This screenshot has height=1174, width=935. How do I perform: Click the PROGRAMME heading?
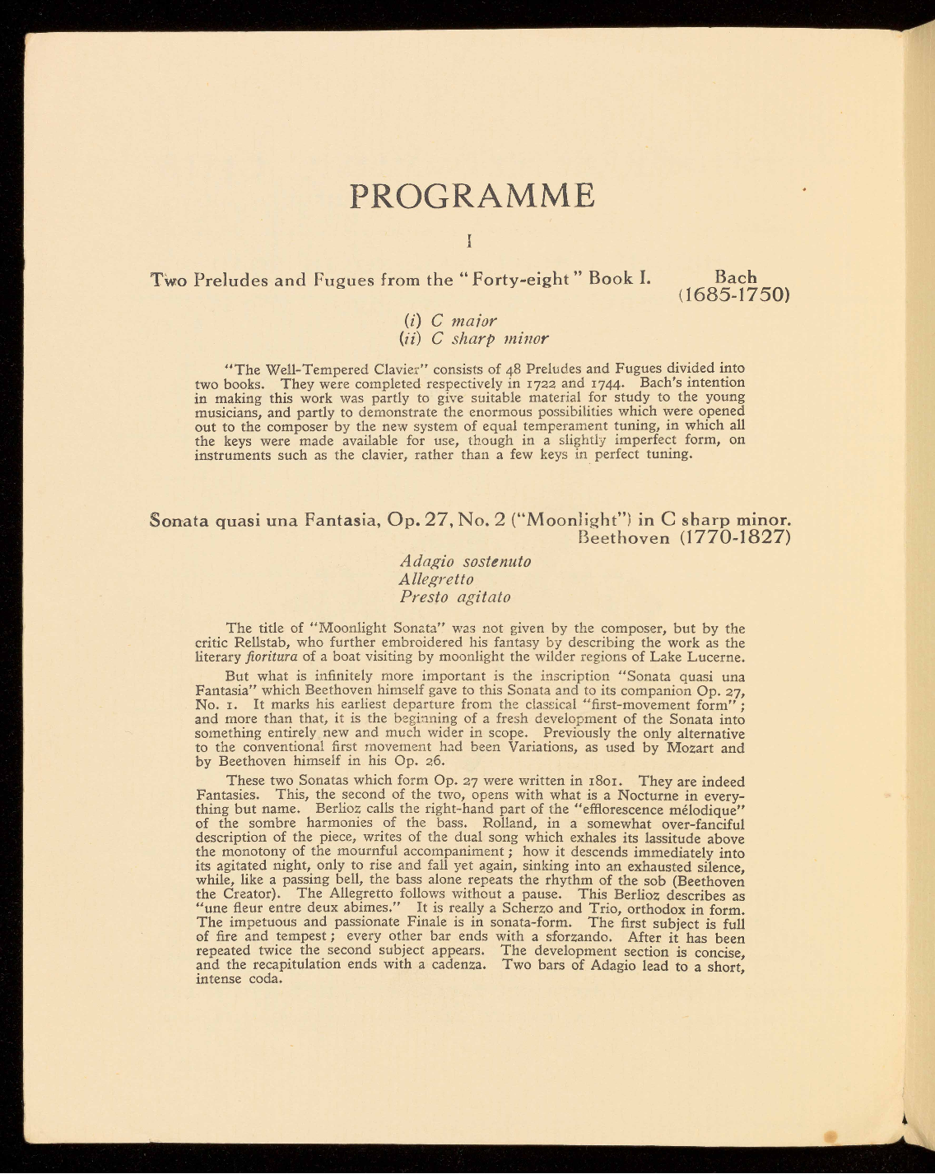pyautogui.click(x=472, y=196)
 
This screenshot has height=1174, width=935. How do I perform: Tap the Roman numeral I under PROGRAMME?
pyautogui.click(x=468, y=241)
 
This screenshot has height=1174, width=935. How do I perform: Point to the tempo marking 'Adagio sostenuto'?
pyautogui.click(x=465, y=561)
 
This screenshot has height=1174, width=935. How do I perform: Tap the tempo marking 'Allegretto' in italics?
pyautogui.click(x=436, y=579)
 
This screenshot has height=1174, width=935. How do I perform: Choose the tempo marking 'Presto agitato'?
pyautogui.click(x=455, y=596)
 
